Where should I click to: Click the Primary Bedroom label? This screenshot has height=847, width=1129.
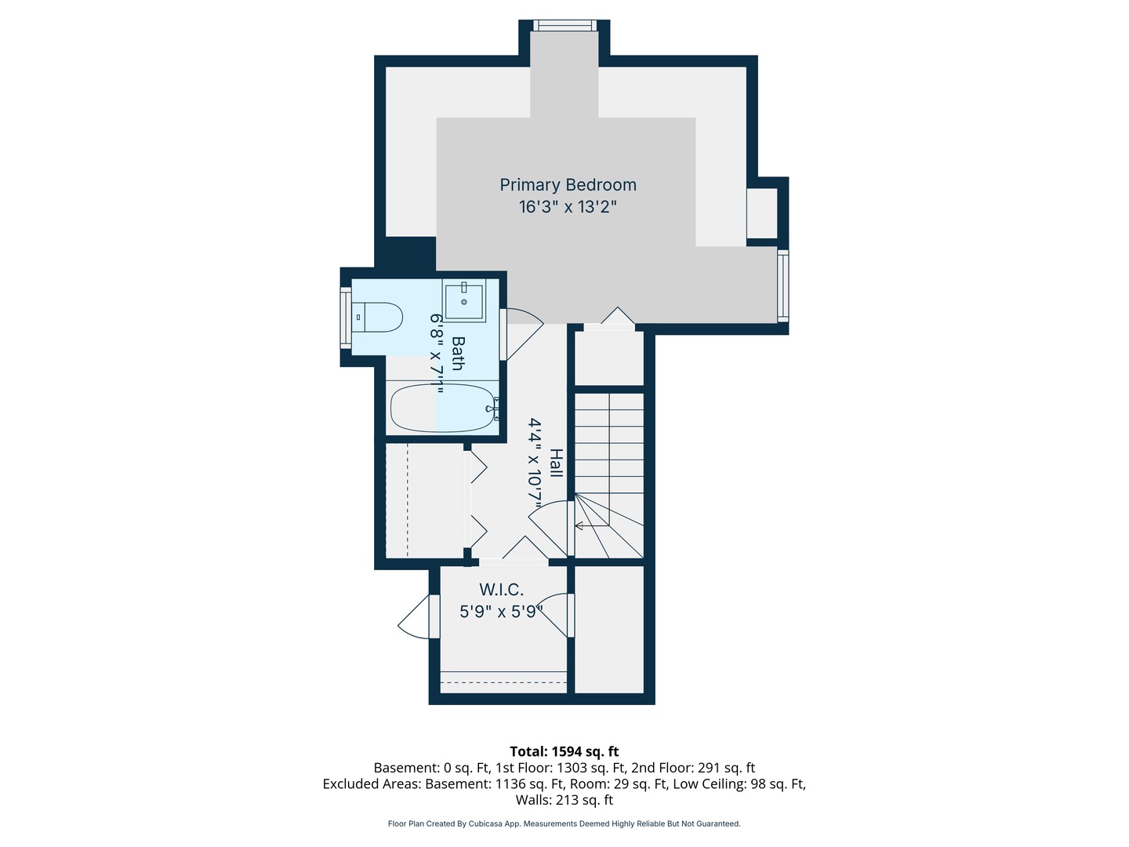568,185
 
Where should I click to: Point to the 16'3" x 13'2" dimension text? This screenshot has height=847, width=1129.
568,207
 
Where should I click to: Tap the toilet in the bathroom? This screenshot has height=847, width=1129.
379,318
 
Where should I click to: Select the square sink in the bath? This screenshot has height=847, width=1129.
463,301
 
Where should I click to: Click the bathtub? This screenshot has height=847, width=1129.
444,409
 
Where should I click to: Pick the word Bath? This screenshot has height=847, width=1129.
457,353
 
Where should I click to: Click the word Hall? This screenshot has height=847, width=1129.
556,463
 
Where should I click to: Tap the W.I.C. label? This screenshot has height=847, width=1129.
502,589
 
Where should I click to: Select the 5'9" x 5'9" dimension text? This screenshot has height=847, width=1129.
502,612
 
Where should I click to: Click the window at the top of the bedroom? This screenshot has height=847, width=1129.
564,25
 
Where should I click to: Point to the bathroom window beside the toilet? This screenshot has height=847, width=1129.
346,318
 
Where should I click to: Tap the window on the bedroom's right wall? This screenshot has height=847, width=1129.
782,285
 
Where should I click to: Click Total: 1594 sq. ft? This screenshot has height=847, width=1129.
564,752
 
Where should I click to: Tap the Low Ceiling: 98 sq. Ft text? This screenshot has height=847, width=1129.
739,783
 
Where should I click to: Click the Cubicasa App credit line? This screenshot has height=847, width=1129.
564,823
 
